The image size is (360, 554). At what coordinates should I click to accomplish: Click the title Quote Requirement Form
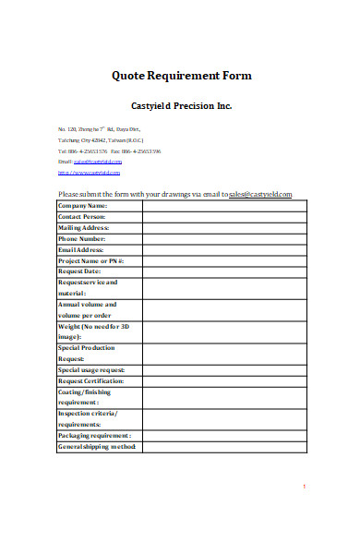coord(181,75)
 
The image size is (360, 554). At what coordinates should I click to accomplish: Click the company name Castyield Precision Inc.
coord(181,105)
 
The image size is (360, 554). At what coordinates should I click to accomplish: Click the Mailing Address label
coord(84,227)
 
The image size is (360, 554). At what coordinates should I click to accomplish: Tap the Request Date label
coord(80,271)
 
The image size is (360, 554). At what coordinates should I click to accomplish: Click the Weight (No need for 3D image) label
coord(91,331)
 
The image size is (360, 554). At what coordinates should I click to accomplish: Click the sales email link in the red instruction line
coord(261,195)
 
